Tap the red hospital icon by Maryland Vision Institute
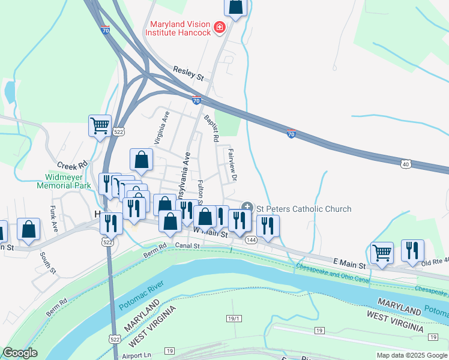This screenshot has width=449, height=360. pos(219,28)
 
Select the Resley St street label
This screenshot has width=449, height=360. pos(188,74)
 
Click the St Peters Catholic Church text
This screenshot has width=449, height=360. pos(304,209)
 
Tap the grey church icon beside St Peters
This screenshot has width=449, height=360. pos(246,207)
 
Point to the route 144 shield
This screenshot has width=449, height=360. pos(252,239)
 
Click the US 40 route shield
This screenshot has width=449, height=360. pos(406,163)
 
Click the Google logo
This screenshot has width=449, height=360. pos(20,353)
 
